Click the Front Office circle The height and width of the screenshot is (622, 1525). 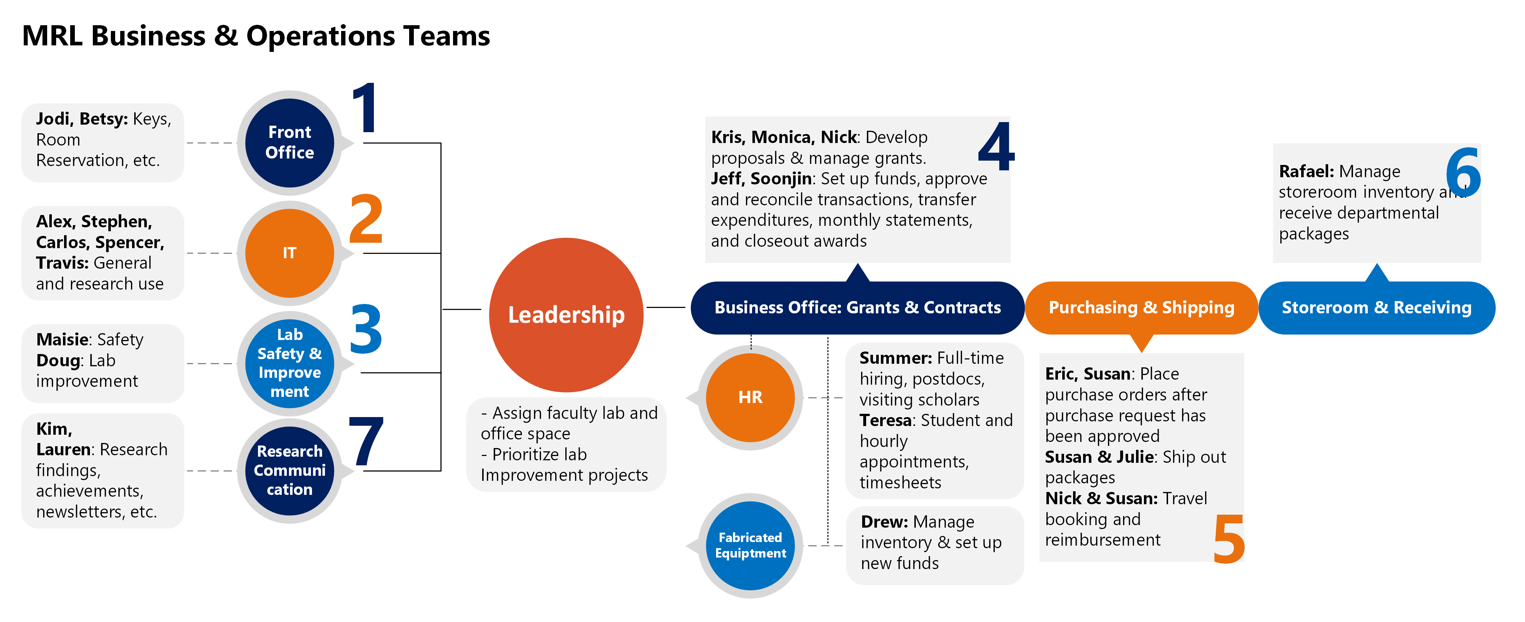coord(289,143)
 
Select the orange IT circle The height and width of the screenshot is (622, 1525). coord(289,253)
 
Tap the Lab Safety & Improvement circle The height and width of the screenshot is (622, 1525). coord(289,363)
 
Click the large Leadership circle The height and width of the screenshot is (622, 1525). coord(566,314)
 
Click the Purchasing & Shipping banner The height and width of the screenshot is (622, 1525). coord(1141,308)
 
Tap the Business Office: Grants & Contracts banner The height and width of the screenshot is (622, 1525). coord(857,308)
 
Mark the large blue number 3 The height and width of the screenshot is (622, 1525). coord(366,329)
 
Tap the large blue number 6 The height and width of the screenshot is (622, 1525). coord(1463,172)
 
